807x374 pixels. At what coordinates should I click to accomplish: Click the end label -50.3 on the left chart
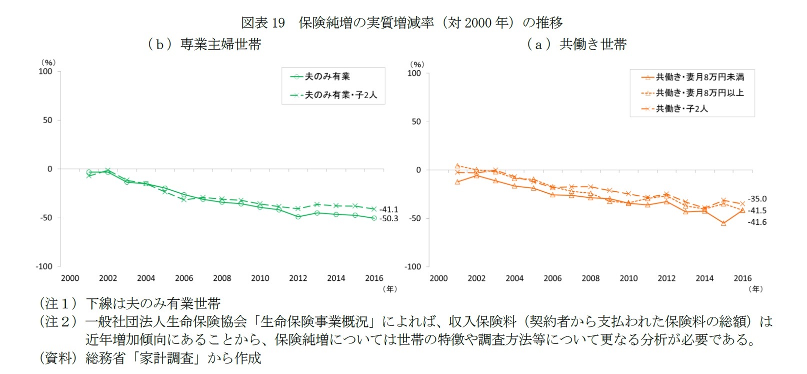click(388, 219)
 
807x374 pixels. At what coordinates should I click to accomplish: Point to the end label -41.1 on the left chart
click(388, 210)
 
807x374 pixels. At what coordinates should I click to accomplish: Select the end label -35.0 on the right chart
click(757, 199)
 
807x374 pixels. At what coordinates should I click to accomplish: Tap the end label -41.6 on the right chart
click(757, 222)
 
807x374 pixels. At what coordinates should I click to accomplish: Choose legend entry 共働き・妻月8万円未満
click(699, 77)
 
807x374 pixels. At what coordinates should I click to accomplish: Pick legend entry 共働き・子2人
click(681, 109)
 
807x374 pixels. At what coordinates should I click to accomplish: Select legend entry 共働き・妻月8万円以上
click(699, 93)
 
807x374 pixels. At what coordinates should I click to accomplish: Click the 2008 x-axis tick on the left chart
click(222, 278)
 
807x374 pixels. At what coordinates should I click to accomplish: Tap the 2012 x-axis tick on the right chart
click(666, 278)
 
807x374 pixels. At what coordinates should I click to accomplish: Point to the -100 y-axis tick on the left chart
click(44, 266)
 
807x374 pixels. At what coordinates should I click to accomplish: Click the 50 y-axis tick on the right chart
click(416, 122)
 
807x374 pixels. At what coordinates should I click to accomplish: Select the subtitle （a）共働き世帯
click(576, 44)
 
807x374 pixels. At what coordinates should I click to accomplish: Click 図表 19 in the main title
click(262, 23)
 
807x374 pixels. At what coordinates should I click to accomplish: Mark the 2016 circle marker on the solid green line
click(374, 218)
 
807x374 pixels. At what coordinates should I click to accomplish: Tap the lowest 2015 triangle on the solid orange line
click(723, 223)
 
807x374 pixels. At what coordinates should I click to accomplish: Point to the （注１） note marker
click(58, 303)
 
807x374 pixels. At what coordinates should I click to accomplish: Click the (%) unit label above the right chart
click(416, 65)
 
